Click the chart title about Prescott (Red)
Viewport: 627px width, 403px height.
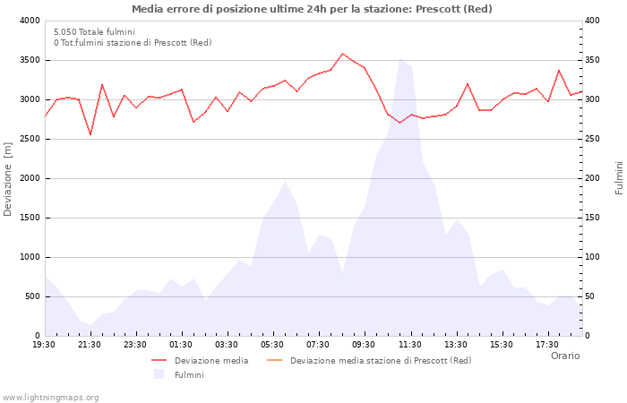coord(312,9)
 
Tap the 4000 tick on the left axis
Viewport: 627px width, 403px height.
coord(28,21)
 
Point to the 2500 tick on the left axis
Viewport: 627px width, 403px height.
coord(28,139)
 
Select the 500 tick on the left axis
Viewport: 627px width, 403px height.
coord(30,296)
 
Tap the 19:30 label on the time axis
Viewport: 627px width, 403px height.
coord(44,345)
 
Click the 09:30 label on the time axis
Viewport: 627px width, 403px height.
coord(364,345)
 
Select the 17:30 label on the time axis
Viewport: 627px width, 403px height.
coord(546,345)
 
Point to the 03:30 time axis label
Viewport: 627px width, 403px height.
coord(227,345)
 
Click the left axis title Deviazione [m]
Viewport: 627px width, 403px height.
coord(9,178)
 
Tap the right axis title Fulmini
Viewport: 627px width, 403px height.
coord(619,178)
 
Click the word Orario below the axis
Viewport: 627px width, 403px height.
coord(564,356)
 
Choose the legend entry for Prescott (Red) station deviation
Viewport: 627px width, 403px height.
coord(380,361)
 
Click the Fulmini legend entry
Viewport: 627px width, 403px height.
coord(188,374)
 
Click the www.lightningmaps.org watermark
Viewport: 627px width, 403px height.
coord(50,397)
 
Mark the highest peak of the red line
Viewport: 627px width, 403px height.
coord(342,54)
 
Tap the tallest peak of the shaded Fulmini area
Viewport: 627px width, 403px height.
coord(399,59)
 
